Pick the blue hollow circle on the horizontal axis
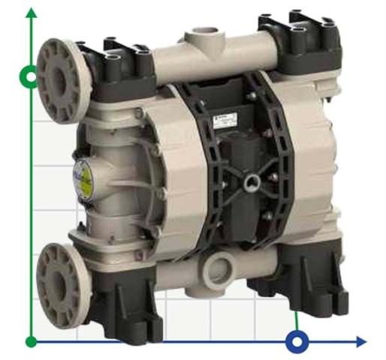[297, 342]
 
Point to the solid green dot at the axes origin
[31, 342]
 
